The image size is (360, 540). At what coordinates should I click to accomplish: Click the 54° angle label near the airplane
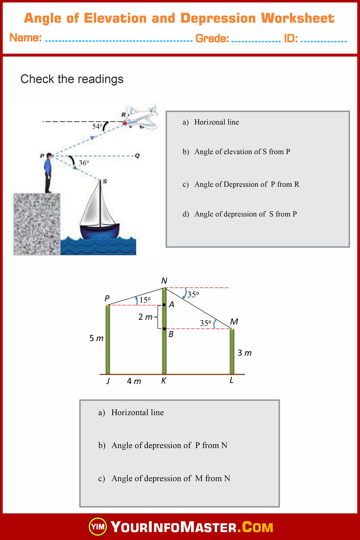[97, 127]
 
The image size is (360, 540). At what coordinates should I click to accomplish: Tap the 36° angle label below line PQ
[84, 163]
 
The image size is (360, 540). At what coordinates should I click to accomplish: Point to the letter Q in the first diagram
[137, 156]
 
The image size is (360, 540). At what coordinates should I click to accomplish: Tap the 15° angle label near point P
[145, 300]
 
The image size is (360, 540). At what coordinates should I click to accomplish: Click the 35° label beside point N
[193, 294]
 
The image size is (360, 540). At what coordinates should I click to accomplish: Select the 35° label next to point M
[205, 323]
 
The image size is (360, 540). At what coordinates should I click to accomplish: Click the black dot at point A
[164, 305]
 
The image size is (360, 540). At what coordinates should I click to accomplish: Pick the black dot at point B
[164, 329]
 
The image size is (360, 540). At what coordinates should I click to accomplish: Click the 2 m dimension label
[145, 317]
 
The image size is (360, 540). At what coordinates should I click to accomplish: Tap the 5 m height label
[96, 338]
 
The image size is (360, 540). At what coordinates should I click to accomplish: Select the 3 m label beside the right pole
[244, 353]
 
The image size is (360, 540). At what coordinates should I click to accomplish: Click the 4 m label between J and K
[134, 381]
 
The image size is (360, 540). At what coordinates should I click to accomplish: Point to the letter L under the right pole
[231, 380]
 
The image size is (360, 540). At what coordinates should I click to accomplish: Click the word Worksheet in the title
[298, 19]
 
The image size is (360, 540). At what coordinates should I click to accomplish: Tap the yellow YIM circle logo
[98, 527]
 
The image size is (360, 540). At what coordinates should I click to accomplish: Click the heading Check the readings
[72, 79]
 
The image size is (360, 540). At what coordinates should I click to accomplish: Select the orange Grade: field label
[212, 39]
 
